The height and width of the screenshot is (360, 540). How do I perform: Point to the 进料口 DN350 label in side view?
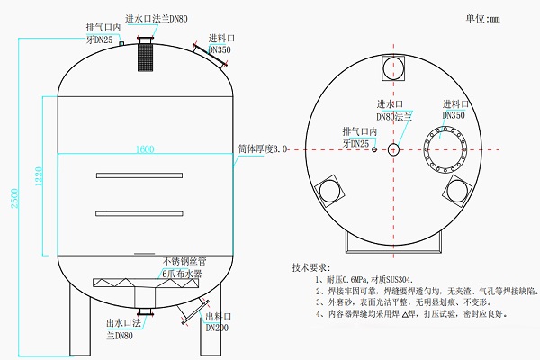tap(221, 45)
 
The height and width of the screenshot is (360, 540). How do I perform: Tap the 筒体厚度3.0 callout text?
tap(264, 149)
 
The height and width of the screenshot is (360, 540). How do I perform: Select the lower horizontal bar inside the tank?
tap(146, 213)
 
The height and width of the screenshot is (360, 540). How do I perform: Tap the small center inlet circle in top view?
tap(394, 148)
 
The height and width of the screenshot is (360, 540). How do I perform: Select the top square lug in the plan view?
tap(394, 68)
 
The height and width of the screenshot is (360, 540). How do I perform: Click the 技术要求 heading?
tap(311, 268)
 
